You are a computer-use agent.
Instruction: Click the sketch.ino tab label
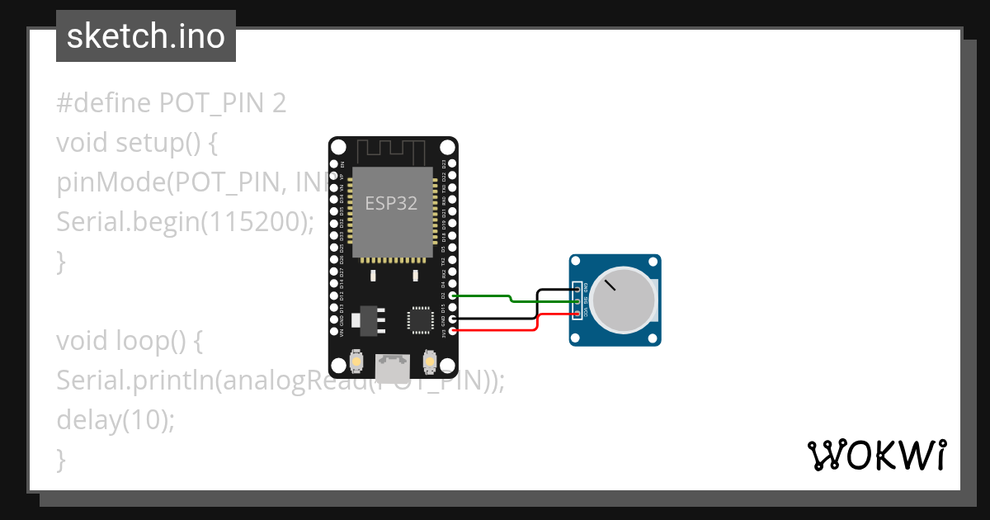(145, 36)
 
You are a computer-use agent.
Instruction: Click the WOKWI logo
(876, 455)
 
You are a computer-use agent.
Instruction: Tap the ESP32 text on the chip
(392, 203)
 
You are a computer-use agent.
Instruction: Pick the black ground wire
(495, 318)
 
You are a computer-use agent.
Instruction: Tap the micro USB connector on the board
(393, 364)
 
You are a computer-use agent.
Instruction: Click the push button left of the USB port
(357, 361)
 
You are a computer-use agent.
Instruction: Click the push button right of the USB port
(429, 361)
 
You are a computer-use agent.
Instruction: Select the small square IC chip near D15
(420, 319)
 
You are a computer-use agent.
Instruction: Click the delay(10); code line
(115, 420)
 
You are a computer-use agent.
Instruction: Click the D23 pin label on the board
(444, 164)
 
